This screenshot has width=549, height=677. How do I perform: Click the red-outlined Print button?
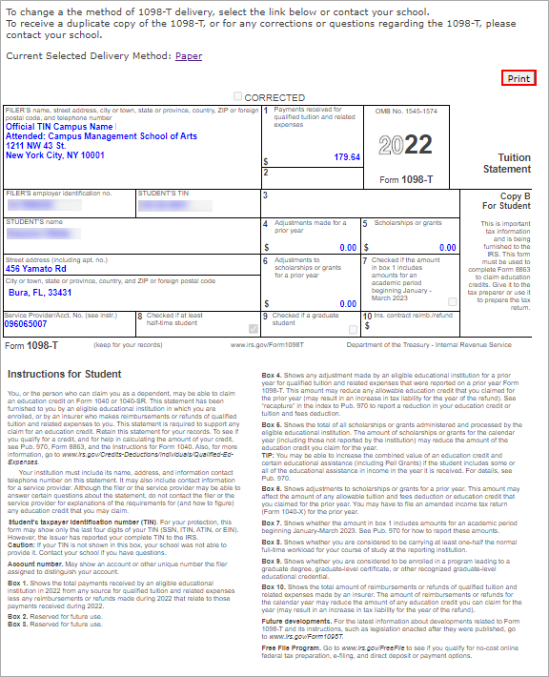point(518,78)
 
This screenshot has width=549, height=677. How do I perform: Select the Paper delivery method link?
point(189,56)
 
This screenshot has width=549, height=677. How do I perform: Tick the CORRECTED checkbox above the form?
point(238,97)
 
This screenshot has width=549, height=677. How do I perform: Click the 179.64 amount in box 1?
point(347,157)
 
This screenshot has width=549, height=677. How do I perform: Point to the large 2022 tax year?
point(406,146)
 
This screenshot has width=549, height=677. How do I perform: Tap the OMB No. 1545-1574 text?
point(411,113)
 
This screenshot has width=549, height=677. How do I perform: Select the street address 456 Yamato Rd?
point(37,268)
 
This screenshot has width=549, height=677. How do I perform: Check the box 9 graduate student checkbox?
point(354,329)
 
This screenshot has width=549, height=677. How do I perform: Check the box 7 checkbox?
point(452,301)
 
